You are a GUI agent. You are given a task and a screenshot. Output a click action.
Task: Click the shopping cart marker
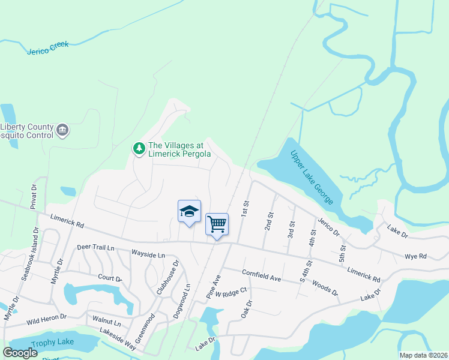pos(217,224)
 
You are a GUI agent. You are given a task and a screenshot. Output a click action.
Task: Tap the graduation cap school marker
pos(189,211)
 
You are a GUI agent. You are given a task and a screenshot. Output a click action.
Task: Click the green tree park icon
pos(139,148)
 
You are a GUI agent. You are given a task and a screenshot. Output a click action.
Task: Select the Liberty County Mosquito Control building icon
pos(62,130)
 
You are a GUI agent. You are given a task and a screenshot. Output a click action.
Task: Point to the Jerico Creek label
pos(48,47)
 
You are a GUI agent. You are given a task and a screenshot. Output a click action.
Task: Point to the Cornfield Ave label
pos(262,275)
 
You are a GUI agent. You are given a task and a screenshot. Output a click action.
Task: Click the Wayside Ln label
pos(148,255)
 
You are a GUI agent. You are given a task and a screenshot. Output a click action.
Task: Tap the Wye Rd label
pos(415,256)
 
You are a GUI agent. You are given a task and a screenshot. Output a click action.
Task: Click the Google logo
pos(20,352)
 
